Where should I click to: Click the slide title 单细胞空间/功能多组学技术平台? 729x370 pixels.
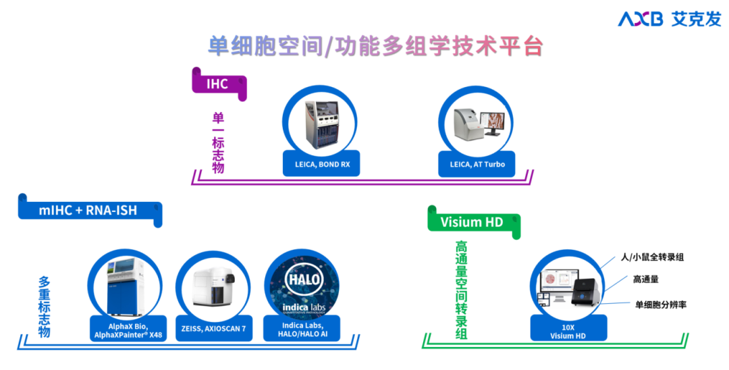(x=375, y=46)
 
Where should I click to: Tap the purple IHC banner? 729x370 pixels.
(x=218, y=84)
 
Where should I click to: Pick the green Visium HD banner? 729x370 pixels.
(x=472, y=222)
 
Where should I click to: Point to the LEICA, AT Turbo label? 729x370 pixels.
(x=477, y=164)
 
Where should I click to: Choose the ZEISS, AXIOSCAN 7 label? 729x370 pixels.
(x=213, y=328)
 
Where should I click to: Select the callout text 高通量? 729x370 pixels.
(x=646, y=279)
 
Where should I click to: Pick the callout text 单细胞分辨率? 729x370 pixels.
(x=661, y=305)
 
